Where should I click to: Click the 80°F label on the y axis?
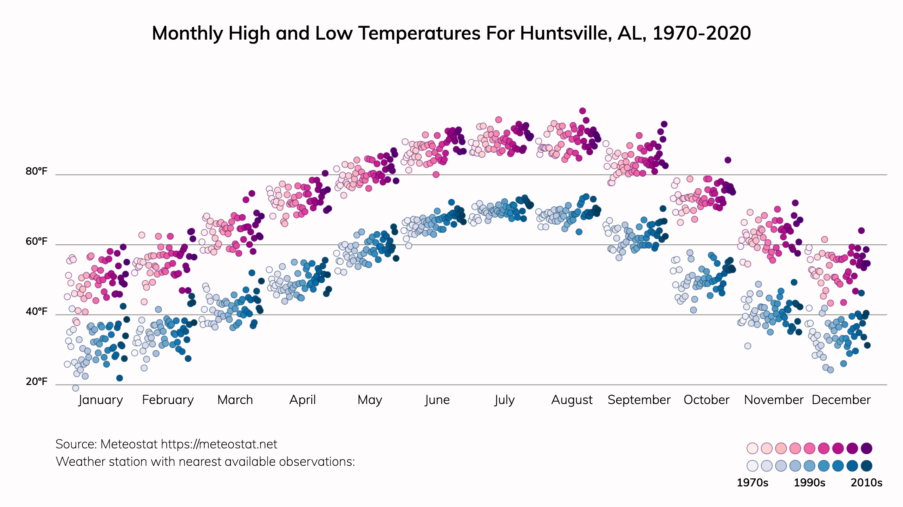pyautogui.click(x=36, y=171)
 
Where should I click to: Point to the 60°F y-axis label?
pyautogui.click(x=36, y=241)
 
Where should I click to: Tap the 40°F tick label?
pyautogui.click(x=36, y=311)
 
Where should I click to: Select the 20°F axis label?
pyautogui.click(x=36, y=381)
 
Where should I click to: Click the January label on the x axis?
pyautogui.click(x=101, y=400)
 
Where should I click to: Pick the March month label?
pyautogui.click(x=235, y=400)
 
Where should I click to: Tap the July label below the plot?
pyautogui.click(x=504, y=400)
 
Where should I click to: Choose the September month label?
pyautogui.click(x=639, y=400)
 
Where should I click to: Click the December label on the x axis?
pyautogui.click(x=841, y=400)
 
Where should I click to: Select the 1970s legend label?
pyautogui.click(x=752, y=482)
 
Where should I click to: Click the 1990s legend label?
pyautogui.click(x=810, y=482)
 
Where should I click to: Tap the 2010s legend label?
pyautogui.click(x=867, y=482)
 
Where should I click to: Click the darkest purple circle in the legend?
pyautogui.click(x=867, y=448)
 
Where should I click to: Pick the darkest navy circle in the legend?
pyautogui.click(x=867, y=466)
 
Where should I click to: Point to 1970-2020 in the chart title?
pyautogui.click(x=701, y=33)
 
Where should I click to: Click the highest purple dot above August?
pyautogui.click(x=582, y=111)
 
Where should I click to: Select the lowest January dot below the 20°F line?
pyautogui.click(x=76, y=388)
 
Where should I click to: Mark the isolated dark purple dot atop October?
pyautogui.click(x=728, y=160)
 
